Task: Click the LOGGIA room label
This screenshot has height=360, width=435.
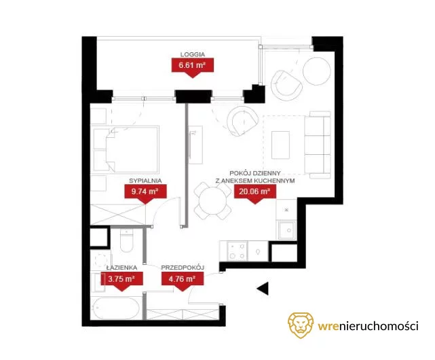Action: pos(193,54)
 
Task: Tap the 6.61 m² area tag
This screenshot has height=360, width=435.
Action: pos(193,67)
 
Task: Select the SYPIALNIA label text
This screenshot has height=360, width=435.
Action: pos(145,181)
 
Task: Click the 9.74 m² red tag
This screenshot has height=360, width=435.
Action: pos(145,193)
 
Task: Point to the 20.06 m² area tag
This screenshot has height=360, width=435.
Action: pos(255,193)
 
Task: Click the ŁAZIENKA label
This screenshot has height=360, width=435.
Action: pos(122,268)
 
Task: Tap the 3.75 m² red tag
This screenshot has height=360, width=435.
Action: pos(121,280)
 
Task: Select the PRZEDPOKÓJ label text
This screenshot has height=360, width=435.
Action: pos(183,268)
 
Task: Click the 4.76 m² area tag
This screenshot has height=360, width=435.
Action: pos(183,280)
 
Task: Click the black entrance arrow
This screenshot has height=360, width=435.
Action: pos(263,289)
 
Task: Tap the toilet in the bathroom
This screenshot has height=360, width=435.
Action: pos(126,240)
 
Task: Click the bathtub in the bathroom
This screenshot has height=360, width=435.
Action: pos(116,308)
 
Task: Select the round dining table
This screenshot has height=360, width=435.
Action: pos(212,201)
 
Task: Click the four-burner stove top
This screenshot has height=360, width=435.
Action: pos(238,251)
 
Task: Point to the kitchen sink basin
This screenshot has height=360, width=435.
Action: pos(287,230)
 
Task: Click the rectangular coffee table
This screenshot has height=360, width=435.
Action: pos(281,144)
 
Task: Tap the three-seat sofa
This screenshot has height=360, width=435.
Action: pos(318,145)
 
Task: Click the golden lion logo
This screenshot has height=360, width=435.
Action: pos(301,325)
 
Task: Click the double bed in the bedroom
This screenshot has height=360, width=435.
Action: pos(126,149)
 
